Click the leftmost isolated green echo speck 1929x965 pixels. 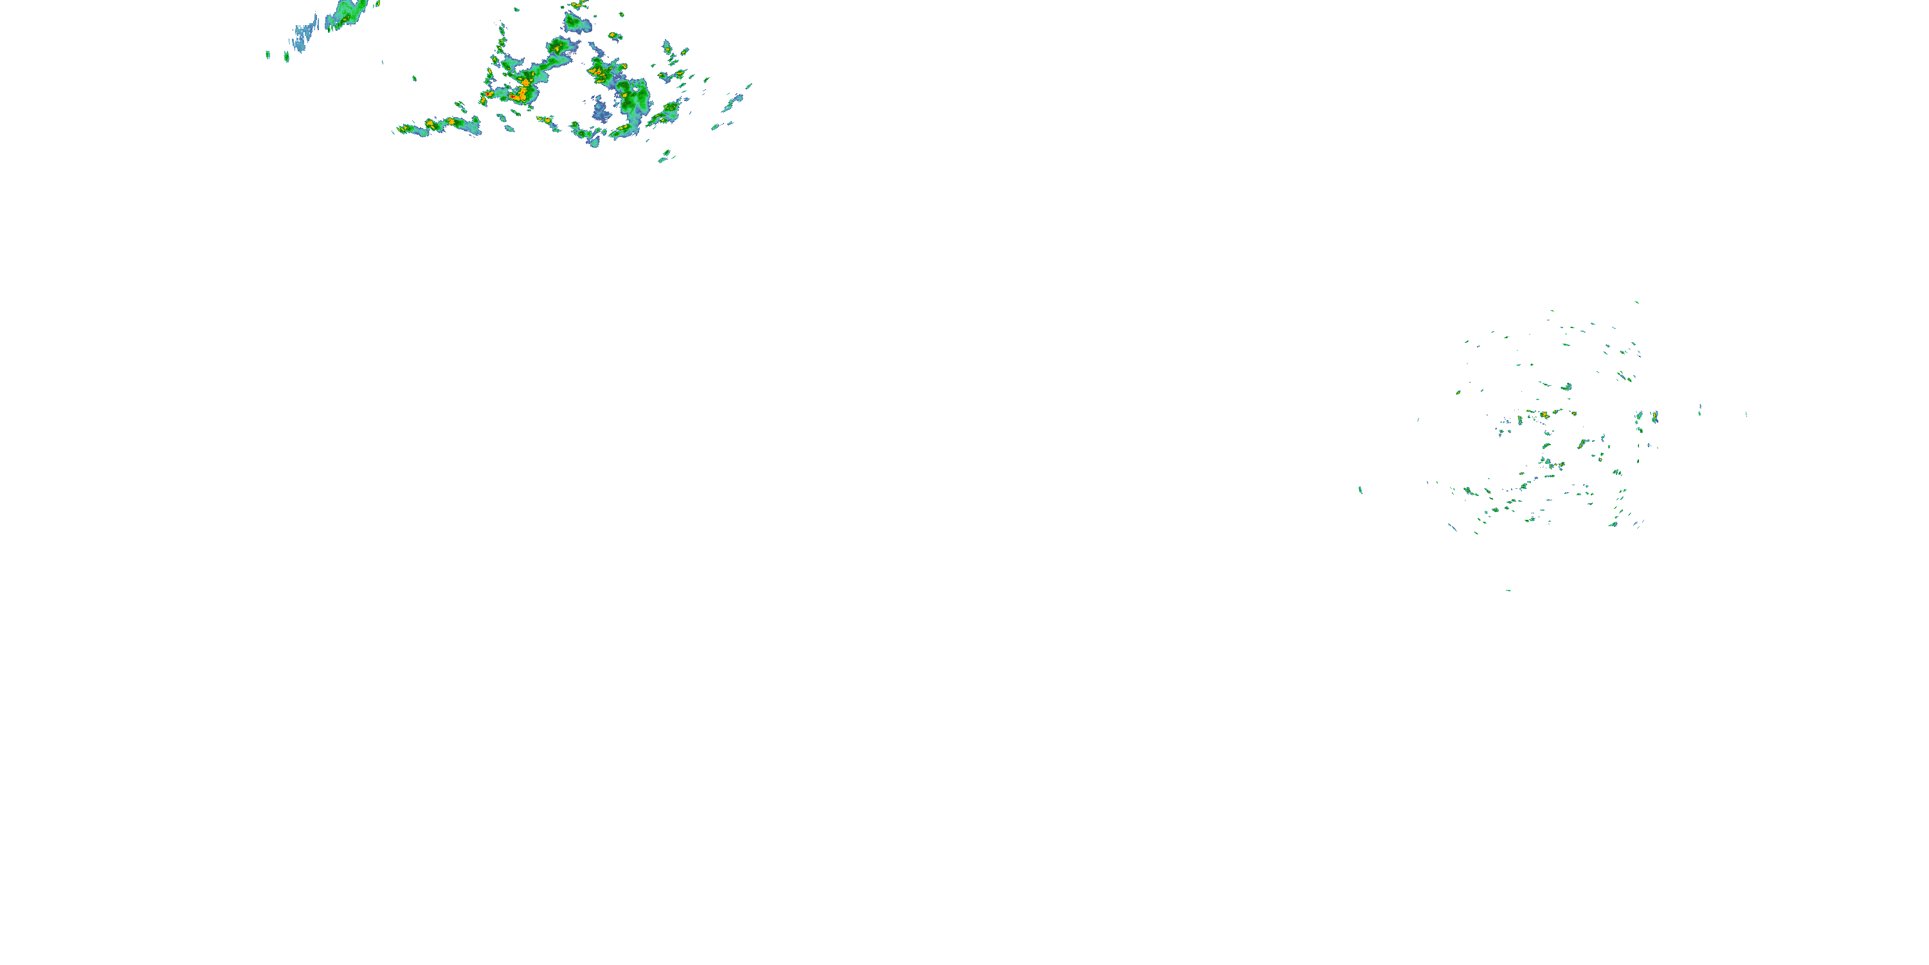268,54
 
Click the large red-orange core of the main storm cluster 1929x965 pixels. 520,95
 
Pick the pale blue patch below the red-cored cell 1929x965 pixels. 601,113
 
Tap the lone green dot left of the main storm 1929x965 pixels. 414,77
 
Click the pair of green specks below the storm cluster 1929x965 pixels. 664,156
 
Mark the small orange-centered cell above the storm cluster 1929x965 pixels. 615,35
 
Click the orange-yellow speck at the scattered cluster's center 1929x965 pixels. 1544,414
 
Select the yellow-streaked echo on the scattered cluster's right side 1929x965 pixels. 1582,445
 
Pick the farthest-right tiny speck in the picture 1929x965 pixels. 1746,414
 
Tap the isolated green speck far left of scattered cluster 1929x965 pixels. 1360,490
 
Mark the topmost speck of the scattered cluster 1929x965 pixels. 1636,302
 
